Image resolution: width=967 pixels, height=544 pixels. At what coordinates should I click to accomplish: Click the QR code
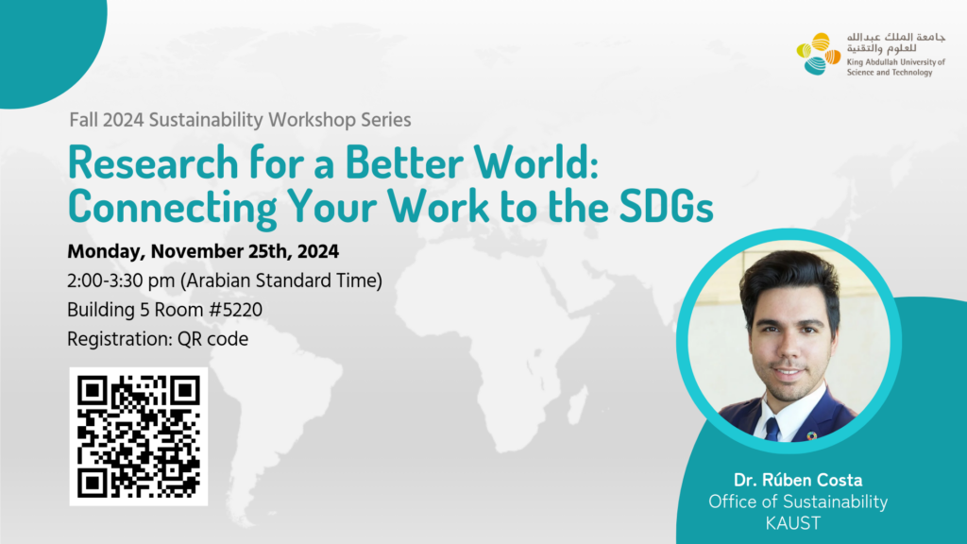click(x=139, y=436)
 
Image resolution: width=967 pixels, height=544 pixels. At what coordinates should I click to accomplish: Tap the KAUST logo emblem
click(x=819, y=54)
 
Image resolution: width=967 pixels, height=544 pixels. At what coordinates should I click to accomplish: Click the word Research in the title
click(x=153, y=162)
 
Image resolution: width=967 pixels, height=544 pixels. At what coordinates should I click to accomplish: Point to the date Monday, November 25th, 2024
click(x=203, y=251)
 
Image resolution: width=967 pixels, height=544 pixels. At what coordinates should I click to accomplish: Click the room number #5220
click(x=236, y=310)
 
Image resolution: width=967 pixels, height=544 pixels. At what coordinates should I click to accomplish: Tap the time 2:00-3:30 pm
click(x=121, y=281)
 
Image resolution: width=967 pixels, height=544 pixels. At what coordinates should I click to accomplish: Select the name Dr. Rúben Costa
click(x=798, y=480)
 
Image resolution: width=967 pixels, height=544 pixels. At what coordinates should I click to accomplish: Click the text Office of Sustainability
click(x=798, y=502)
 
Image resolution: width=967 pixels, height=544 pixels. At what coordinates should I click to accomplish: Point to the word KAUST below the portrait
click(x=793, y=523)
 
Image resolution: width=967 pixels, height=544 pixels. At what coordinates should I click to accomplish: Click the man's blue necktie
click(x=772, y=429)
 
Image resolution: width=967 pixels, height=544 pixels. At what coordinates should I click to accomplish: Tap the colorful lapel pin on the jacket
click(x=811, y=435)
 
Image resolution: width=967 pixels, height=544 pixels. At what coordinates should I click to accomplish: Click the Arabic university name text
click(x=895, y=42)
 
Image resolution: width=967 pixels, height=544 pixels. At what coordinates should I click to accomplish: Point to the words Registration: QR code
click(x=158, y=339)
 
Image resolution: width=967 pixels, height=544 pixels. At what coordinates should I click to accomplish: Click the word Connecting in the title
click(x=173, y=207)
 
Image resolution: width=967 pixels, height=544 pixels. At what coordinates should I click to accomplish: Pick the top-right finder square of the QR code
click(x=185, y=390)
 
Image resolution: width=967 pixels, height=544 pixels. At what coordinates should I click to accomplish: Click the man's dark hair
click(x=791, y=278)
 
